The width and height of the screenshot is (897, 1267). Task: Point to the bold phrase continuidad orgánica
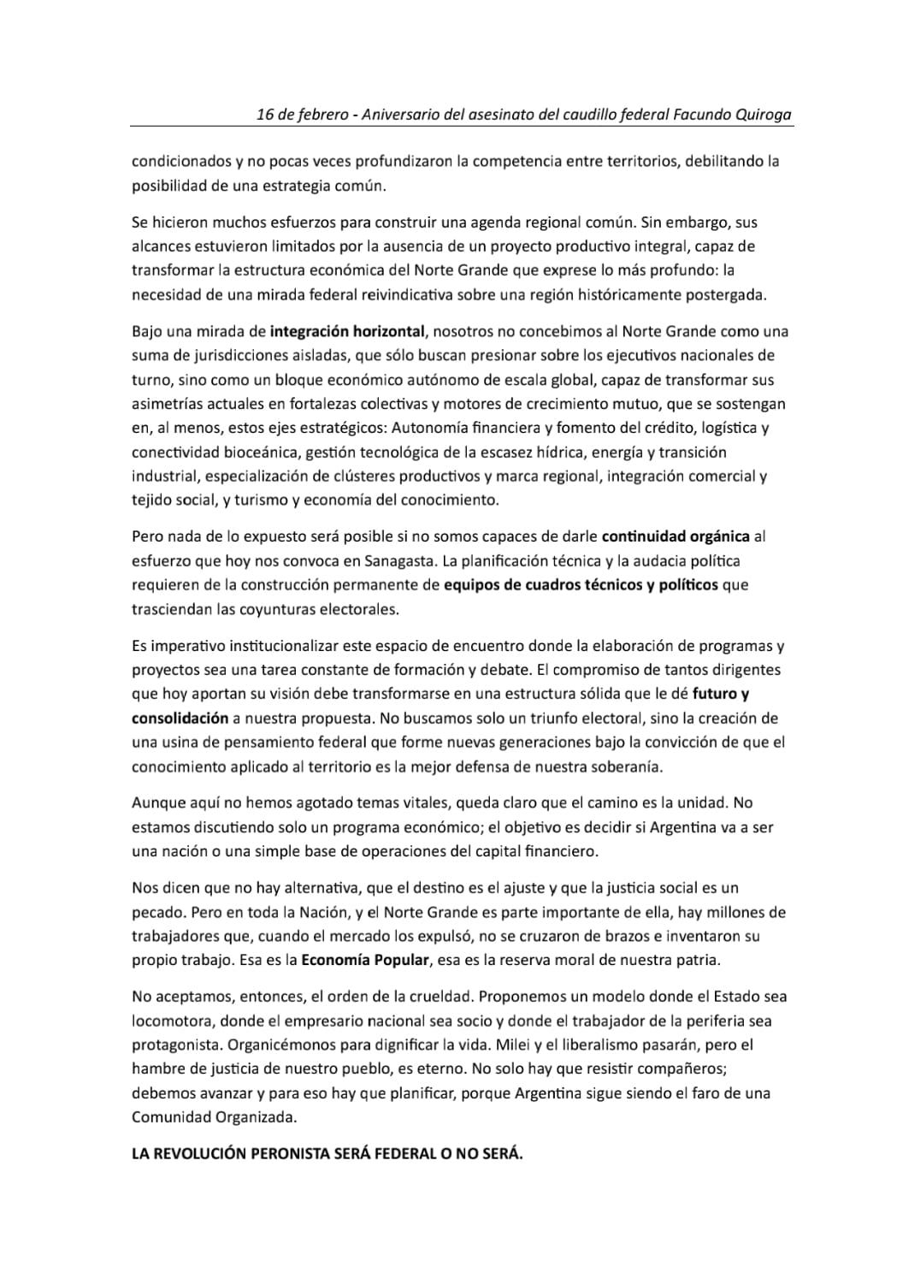pyautogui.click(x=676, y=536)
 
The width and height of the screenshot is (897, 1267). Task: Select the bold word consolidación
pyautogui.click(x=180, y=718)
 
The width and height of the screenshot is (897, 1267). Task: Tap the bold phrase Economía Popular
pyautogui.click(x=365, y=960)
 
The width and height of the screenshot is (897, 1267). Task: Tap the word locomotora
pyautogui.click(x=170, y=1021)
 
